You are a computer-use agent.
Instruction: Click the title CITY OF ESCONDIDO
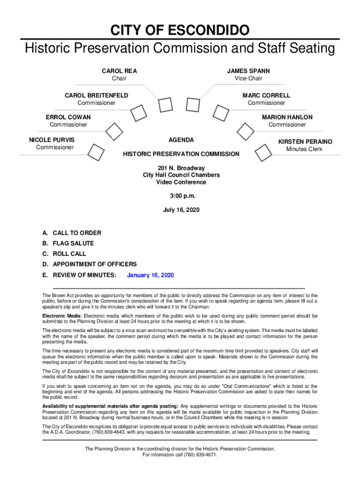coord(180,31)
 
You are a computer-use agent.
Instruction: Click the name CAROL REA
coord(119,71)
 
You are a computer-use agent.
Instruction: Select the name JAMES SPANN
coord(248,71)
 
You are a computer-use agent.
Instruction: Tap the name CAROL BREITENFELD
coord(96,95)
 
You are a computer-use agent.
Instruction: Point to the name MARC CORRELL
coord(266,95)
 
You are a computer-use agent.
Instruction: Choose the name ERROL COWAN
coord(68,117)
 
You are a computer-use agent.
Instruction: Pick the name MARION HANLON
coord(287,117)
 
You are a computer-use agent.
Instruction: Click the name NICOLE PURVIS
coord(51,140)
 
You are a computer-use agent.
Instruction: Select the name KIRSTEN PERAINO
coord(305,141)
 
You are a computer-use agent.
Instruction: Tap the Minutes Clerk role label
coord(305,149)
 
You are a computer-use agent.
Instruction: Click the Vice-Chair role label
coord(248,79)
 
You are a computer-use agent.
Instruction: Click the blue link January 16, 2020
coord(151,275)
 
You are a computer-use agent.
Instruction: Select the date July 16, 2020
coord(181,210)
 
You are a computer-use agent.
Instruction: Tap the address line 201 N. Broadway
coord(181,168)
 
